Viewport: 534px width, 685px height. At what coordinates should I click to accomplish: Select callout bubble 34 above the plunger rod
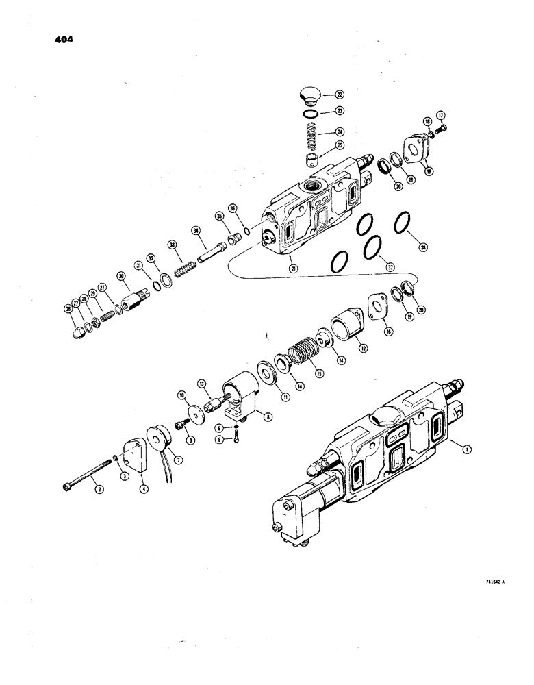(195, 231)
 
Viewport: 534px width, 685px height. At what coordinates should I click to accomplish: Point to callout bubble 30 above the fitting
(121, 276)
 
